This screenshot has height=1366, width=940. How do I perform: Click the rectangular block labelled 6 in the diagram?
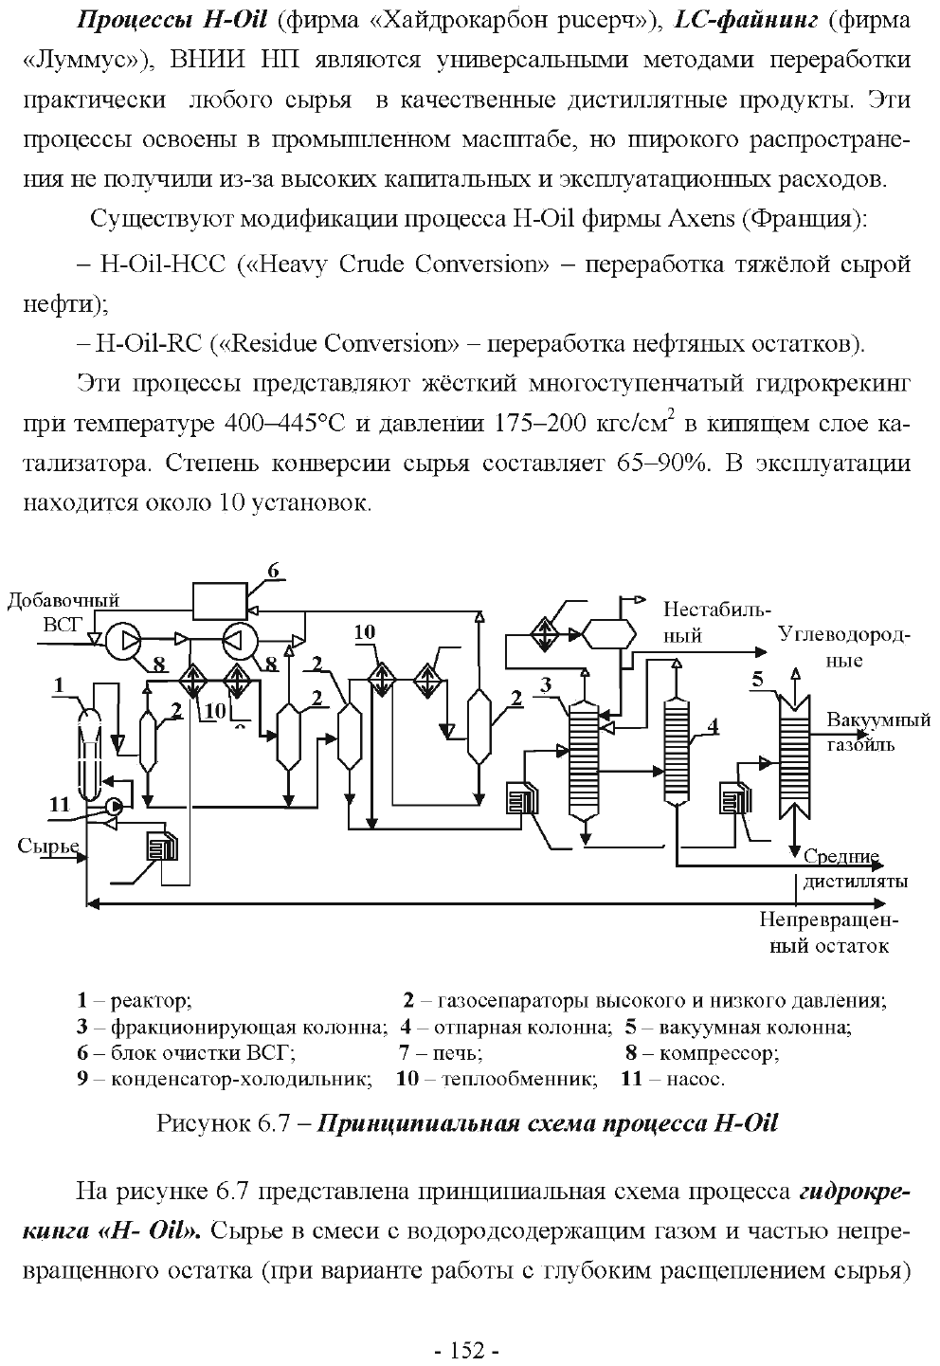tap(220, 602)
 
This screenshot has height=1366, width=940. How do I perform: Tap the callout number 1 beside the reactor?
tap(59, 685)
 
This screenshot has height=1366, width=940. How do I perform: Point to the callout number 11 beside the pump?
tap(60, 805)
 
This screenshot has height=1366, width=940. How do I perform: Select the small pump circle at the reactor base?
tap(114, 806)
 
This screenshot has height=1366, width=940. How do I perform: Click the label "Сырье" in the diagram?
tap(48, 846)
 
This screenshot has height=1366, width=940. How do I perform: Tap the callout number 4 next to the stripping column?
tap(712, 726)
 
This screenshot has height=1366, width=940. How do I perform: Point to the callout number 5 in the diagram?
tap(757, 679)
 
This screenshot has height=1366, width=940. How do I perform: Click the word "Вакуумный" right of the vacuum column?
tap(878, 719)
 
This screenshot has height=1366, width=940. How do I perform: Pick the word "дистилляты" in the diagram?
tap(856, 882)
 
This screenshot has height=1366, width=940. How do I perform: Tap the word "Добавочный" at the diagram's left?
tap(63, 600)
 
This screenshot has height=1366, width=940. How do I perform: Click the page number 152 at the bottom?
tap(467, 1351)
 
